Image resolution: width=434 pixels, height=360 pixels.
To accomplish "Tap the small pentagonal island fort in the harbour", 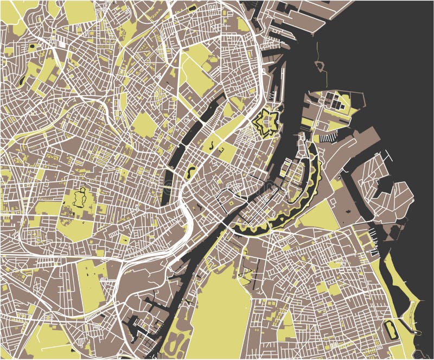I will [320, 66].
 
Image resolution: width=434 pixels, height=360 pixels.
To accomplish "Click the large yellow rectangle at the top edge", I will [80, 11].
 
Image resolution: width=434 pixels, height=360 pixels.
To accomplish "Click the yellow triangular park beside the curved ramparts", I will [320, 214].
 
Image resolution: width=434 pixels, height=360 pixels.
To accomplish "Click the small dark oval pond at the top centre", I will [192, 9].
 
